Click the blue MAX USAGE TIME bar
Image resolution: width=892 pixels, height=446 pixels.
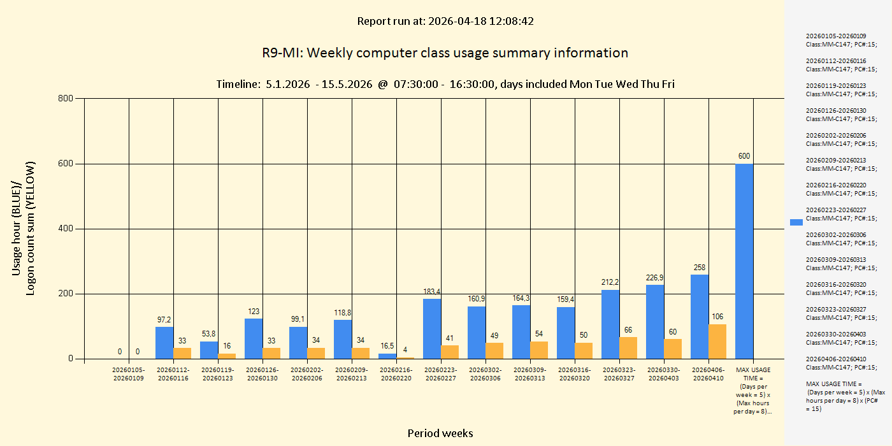point(744,261)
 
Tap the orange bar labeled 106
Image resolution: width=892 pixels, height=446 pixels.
point(717,342)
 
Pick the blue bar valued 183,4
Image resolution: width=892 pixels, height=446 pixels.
point(432,329)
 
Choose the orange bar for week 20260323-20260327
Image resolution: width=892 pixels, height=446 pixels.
point(628,348)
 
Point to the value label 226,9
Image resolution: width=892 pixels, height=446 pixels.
point(655,278)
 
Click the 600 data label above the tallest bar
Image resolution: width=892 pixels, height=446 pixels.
point(744,156)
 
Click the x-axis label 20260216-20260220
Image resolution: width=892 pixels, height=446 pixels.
point(396,374)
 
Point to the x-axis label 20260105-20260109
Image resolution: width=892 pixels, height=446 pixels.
point(129,374)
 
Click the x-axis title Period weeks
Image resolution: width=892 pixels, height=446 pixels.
point(440,433)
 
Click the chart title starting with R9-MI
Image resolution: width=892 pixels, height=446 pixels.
point(445,53)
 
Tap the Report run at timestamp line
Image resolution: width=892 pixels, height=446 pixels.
point(445,21)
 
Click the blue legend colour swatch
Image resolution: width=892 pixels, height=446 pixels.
point(796,222)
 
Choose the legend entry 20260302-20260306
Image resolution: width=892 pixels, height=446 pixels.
point(841,239)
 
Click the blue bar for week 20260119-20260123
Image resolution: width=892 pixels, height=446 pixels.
point(209,350)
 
